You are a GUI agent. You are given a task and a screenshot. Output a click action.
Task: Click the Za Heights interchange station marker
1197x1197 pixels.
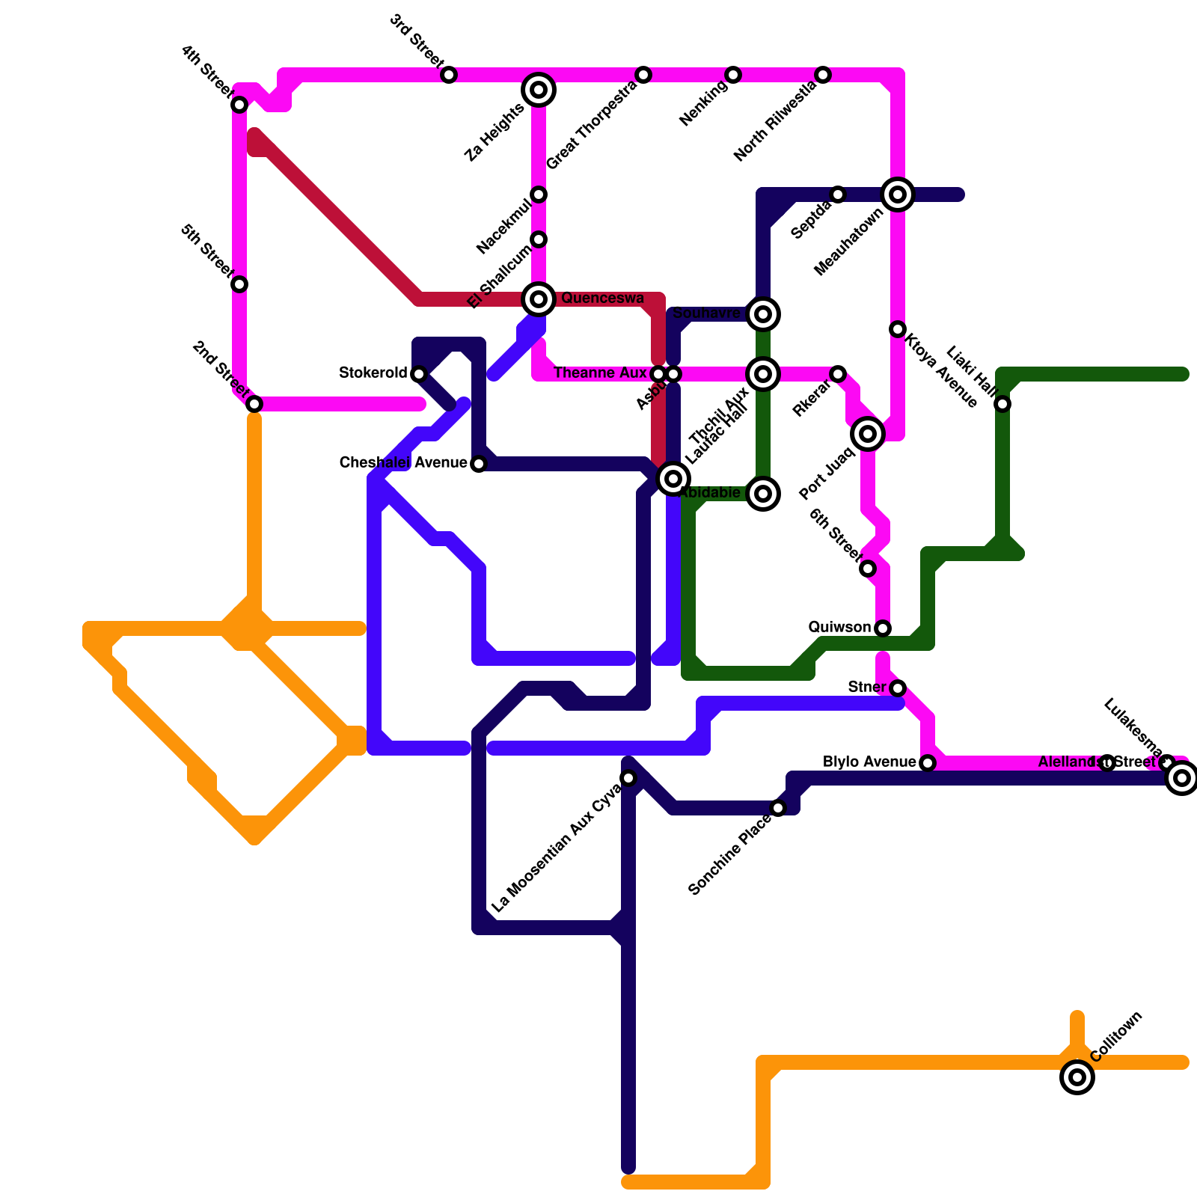(x=539, y=90)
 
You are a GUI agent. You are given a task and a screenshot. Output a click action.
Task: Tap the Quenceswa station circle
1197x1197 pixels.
(x=539, y=299)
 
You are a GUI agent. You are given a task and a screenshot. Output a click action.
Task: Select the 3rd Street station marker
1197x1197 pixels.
(x=449, y=75)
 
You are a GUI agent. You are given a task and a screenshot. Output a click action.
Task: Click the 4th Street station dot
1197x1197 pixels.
(x=239, y=105)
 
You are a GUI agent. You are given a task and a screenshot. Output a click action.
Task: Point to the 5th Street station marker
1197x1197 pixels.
(x=239, y=284)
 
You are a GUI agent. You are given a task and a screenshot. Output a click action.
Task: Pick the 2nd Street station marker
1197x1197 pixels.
(x=254, y=404)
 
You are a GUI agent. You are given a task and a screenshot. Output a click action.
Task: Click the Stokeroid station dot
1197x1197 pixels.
(x=419, y=374)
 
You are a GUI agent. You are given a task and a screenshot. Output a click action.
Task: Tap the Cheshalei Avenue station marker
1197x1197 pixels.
(x=479, y=464)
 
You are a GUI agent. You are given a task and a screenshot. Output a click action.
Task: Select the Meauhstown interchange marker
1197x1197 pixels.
(x=898, y=195)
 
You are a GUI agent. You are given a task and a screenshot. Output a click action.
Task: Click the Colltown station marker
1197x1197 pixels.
(x=1077, y=1077)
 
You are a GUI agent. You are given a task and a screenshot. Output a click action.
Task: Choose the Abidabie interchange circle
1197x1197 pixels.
(x=763, y=494)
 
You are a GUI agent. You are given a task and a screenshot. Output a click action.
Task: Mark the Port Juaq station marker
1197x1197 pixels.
(x=868, y=434)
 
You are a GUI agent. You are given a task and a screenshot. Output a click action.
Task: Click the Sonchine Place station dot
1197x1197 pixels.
(x=778, y=808)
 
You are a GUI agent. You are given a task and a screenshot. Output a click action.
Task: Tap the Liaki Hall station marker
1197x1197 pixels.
(x=1002, y=404)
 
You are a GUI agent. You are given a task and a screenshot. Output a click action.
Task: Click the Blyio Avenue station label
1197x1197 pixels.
(x=869, y=762)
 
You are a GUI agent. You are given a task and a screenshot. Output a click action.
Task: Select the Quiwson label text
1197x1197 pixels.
(x=839, y=627)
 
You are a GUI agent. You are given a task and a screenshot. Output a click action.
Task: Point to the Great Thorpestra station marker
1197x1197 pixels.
(x=643, y=75)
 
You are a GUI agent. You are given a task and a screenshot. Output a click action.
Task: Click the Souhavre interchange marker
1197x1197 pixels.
(x=763, y=314)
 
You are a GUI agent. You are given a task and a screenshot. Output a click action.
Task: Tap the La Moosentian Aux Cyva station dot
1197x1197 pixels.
(x=628, y=778)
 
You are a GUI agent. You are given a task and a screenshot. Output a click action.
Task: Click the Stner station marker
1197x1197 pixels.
(x=898, y=688)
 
